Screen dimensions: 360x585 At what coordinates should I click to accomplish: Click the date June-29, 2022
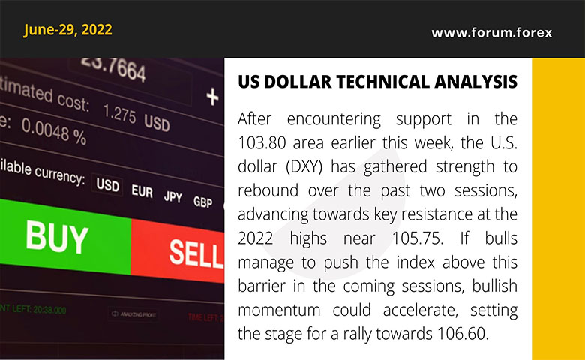pos(67,30)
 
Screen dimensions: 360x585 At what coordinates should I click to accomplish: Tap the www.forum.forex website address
pos(491,33)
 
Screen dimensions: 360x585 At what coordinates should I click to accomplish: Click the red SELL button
pos(193,252)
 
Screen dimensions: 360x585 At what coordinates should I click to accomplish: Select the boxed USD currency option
pos(107,185)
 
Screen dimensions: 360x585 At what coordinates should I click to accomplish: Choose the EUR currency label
pos(142,191)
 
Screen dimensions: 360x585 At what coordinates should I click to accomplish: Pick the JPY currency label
pos(173,197)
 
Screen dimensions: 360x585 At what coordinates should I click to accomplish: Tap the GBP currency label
pos(202,202)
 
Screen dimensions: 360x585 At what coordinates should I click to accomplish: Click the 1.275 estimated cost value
pos(121,114)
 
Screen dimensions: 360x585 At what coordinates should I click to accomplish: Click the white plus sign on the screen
pos(212,97)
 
